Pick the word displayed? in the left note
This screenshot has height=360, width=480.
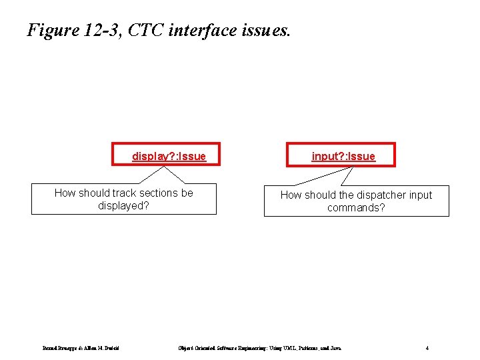123,205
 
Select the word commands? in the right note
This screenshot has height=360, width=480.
356,207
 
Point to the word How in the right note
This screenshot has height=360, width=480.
291,195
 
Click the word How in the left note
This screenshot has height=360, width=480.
65,193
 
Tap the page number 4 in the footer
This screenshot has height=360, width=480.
427,347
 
